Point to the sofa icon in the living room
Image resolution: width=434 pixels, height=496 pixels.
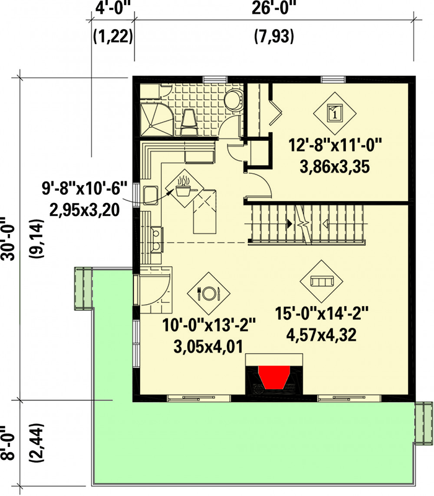pos(321,281)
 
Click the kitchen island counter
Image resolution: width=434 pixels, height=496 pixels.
pos(205,212)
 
